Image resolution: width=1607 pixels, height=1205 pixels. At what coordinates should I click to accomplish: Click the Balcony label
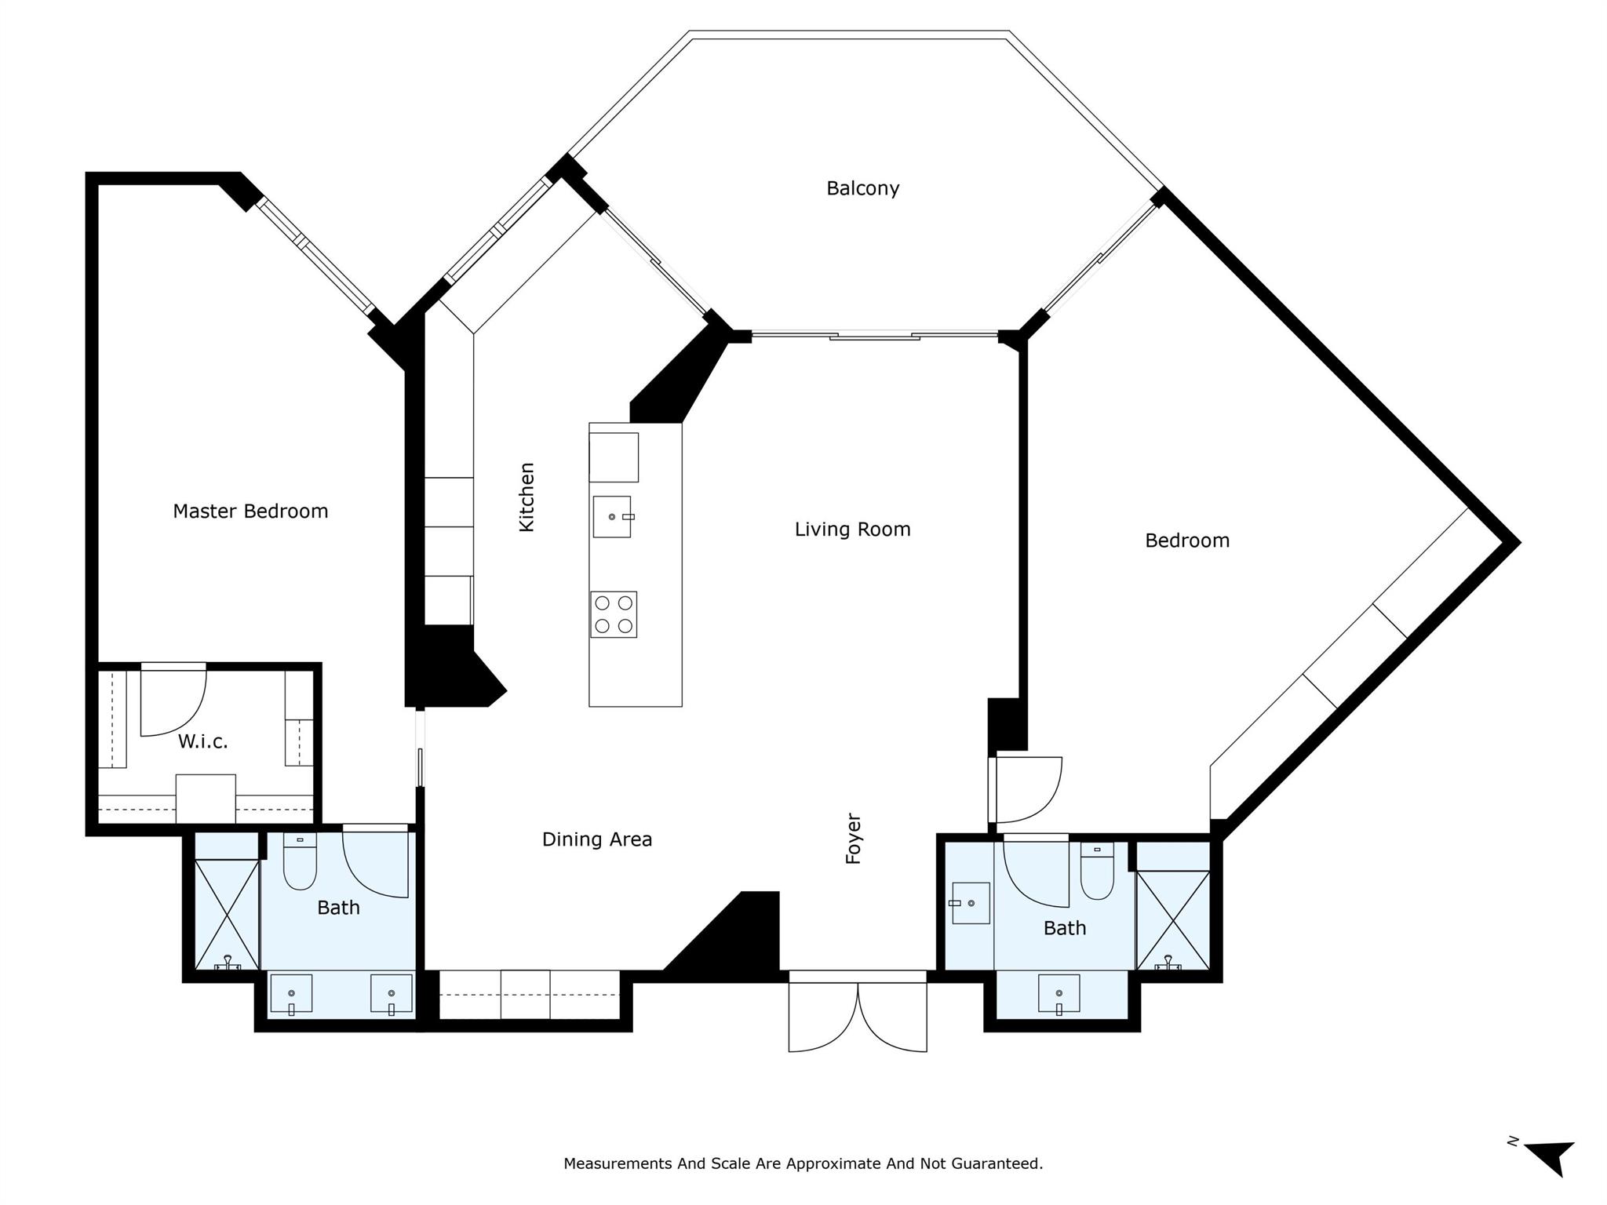(862, 189)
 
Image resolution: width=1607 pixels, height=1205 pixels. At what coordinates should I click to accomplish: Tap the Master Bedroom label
(250, 511)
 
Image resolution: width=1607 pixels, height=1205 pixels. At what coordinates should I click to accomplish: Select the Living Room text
(852, 530)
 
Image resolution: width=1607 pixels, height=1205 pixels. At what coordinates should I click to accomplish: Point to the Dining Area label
(597, 839)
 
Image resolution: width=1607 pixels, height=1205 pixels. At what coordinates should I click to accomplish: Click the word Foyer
(854, 839)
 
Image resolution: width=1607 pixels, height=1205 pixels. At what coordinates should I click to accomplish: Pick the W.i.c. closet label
(202, 741)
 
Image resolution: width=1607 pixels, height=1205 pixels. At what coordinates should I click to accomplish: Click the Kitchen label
(527, 497)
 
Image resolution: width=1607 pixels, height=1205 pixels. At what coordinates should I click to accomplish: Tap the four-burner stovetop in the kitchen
(614, 614)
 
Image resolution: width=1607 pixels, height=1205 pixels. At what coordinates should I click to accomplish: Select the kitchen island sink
(612, 516)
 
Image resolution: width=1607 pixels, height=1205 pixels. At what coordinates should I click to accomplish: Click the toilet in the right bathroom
(1097, 871)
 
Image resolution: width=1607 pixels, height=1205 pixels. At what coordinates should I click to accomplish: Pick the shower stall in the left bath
(227, 915)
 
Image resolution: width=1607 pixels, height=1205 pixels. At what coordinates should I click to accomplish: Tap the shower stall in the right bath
(1173, 921)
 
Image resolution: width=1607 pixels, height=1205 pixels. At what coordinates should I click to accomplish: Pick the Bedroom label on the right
(1187, 541)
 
